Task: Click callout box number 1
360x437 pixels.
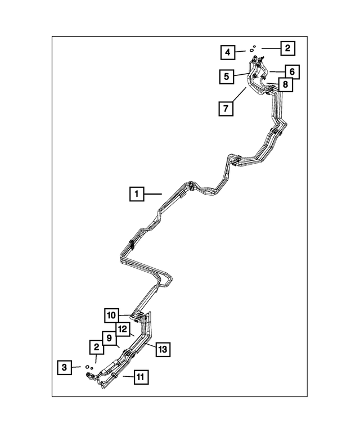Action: tap(137, 193)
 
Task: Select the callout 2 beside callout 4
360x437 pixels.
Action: tap(287, 48)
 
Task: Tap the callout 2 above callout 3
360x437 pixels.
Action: tap(96, 347)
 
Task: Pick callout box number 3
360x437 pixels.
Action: tap(64, 367)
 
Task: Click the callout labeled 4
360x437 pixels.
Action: tap(228, 52)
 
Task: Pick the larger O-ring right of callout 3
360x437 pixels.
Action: tap(87, 366)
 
